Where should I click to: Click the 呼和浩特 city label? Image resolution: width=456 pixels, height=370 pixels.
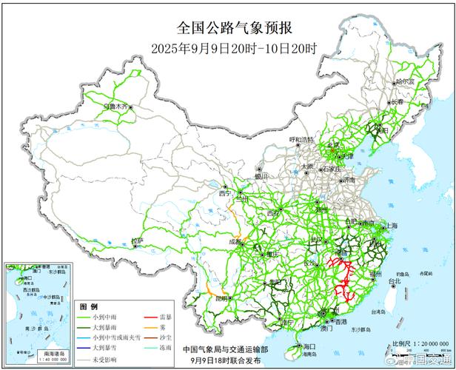(301, 139)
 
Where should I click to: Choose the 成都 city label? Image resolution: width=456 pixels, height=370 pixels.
(235, 241)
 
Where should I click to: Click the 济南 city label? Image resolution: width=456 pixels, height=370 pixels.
(348, 180)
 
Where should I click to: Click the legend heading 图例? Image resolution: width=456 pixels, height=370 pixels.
(89, 306)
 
